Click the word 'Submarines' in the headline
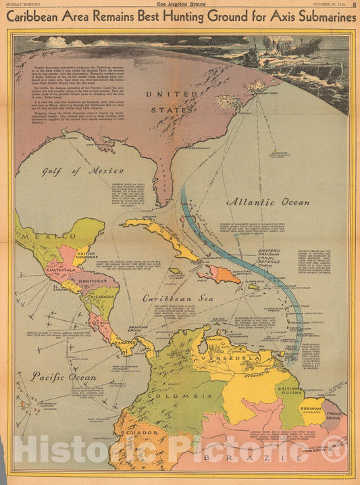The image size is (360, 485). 319,17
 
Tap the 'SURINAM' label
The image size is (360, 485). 312,409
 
